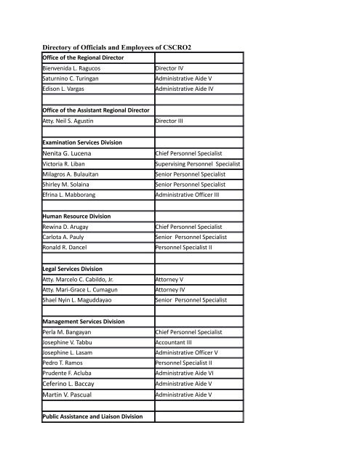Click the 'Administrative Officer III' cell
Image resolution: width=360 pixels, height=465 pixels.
pyautogui.click(x=191, y=195)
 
